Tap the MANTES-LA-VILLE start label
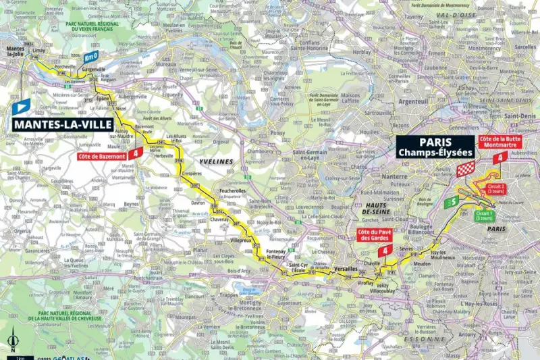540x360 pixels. click(61, 124)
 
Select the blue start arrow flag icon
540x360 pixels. click(21, 106)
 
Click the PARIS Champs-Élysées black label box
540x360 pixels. click(436, 147)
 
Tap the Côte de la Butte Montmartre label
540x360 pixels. click(500, 143)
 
